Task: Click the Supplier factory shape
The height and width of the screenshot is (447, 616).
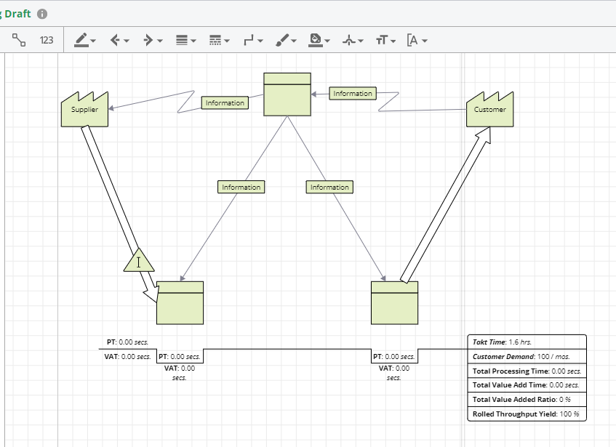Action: pyautogui.click(x=84, y=110)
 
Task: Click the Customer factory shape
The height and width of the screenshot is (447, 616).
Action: pyautogui.click(x=489, y=110)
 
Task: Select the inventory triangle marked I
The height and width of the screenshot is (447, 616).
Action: pyautogui.click(x=138, y=261)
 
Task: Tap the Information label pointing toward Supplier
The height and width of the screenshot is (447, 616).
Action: pyautogui.click(x=225, y=103)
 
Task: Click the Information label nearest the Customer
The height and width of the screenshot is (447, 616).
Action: pyautogui.click(x=353, y=94)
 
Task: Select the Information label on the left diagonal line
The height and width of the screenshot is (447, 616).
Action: pyautogui.click(x=241, y=188)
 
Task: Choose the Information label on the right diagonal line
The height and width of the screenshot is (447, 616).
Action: pyautogui.click(x=329, y=188)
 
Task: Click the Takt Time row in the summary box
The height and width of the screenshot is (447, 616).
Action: pyautogui.click(x=526, y=342)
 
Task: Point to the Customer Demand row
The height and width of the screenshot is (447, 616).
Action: pyautogui.click(x=526, y=356)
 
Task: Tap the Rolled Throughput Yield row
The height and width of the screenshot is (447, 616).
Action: pyautogui.click(x=526, y=414)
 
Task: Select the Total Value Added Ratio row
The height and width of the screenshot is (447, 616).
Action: pyautogui.click(x=526, y=399)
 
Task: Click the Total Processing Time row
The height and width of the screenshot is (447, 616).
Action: pyautogui.click(x=526, y=371)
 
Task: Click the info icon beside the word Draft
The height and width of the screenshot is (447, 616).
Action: pyautogui.click(x=42, y=14)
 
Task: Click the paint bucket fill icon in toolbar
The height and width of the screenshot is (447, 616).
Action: pyautogui.click(x=315, y=40)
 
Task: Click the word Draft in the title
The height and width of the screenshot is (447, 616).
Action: pyautogui.click(x=20, y=14)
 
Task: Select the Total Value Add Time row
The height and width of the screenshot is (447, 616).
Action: pyautogui.click(x=526, y=385)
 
